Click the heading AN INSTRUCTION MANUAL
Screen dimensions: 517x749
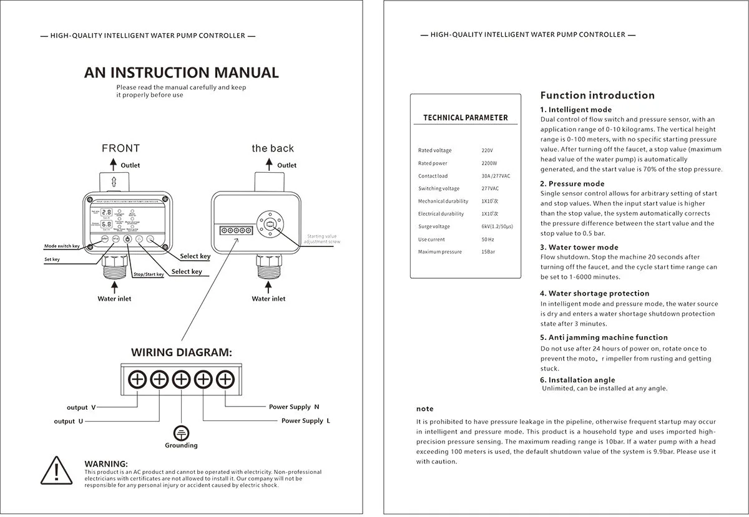click(181, 72)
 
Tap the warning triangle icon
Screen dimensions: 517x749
click(57, 471)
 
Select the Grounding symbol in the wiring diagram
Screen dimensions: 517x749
click(181, 433)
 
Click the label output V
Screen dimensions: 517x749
click(81, 407)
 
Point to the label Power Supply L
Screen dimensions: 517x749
click(306, 421)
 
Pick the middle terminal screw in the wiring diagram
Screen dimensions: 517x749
click(181, 379)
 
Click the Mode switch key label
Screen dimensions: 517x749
click(62, 246)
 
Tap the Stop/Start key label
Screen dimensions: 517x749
click(149, 274)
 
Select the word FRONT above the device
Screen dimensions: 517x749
click(120, 148)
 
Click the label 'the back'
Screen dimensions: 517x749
click(273, 148)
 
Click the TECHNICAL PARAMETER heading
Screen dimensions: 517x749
click(466, 118)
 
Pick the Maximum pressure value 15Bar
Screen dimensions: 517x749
click(490, 252)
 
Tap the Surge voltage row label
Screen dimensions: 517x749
click(434, 227)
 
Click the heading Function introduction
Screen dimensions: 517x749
click(597, 95)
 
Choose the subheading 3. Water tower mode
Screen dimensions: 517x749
click(579, 248)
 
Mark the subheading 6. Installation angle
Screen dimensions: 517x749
click(577, 380)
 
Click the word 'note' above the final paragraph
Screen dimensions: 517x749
click(425, 409)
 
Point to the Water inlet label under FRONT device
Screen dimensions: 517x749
click(114, 299)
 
